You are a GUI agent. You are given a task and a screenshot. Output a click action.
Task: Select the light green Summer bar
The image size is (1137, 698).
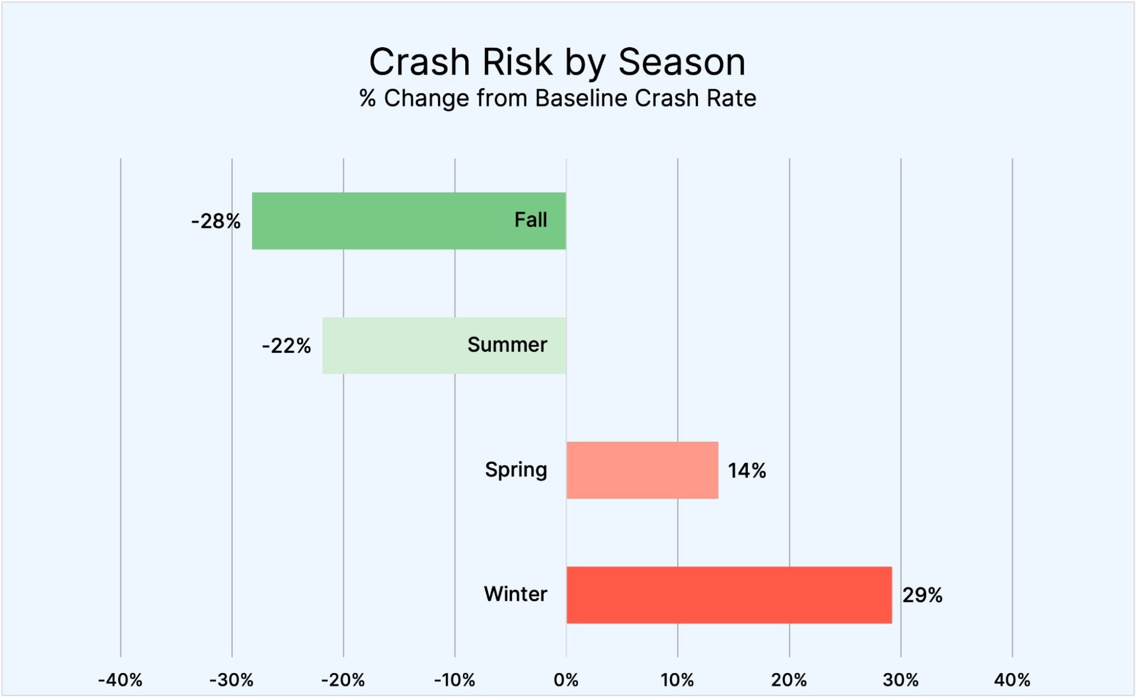[398, 345]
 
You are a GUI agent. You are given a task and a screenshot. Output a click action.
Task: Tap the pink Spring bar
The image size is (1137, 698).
[642, 470]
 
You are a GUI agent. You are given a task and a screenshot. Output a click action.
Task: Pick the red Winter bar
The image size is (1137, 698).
[729, 595]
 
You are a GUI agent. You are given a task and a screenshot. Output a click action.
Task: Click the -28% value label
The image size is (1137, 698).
[216, 221]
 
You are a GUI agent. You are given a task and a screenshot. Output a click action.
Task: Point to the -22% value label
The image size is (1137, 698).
[286, 346]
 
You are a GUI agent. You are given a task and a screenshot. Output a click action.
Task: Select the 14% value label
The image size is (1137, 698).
[747, 471]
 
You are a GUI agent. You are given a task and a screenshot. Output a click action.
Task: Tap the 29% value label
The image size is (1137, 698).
[922, 595]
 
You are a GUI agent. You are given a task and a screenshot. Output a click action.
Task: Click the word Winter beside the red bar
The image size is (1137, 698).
[515, 594]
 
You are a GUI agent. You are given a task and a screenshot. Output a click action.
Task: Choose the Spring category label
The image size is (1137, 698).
[516, 470]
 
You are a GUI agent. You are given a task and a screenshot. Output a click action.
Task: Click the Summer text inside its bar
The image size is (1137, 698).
[507, 344]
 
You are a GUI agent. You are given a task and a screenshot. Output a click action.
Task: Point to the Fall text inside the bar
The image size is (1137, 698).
[530, 220]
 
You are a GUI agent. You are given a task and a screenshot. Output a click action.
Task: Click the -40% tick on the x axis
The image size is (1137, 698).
[120, 680]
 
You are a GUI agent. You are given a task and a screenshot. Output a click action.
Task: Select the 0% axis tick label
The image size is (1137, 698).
[566, 680]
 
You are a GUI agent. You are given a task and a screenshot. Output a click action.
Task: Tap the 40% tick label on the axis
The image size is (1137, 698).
[1012, 680]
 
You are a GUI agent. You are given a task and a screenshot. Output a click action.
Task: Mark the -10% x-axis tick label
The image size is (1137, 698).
[454, 680]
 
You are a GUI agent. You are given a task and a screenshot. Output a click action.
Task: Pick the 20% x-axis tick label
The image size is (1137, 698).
[789, 680]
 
